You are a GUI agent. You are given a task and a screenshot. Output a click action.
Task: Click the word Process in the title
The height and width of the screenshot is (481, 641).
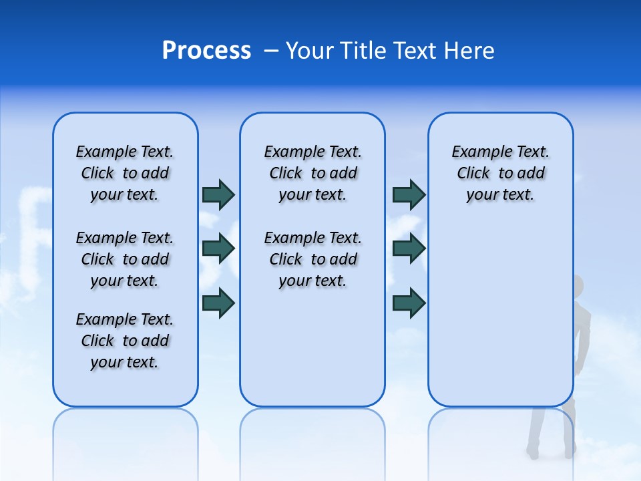tap(206, 51)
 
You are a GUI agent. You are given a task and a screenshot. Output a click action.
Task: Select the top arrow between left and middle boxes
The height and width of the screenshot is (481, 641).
tap(218, 194)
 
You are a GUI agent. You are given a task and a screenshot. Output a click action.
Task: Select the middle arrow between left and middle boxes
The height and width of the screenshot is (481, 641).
tap(218, 249)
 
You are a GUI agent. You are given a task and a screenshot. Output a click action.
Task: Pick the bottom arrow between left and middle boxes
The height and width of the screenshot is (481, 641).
tap(218, 303)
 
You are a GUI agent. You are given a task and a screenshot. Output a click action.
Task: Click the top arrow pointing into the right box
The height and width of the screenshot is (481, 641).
tap(409, 194)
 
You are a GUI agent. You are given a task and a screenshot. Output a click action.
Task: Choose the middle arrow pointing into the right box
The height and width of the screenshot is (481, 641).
tap(409, 249)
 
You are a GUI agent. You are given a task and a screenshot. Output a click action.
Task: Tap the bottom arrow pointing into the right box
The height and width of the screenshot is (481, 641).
tap(409, 303)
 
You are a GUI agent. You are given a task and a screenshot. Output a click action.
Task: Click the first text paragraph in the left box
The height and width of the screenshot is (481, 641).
tap(125, 173)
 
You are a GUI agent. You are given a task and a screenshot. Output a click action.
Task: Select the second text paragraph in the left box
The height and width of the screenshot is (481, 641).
tap(125, 259)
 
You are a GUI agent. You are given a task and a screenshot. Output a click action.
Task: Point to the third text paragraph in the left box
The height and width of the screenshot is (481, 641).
tap(125, 341)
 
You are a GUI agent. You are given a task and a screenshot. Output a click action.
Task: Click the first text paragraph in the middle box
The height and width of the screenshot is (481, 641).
tap(312, 173)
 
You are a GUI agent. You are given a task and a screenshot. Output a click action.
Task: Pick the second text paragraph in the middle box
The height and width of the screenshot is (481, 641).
tap(312, 259)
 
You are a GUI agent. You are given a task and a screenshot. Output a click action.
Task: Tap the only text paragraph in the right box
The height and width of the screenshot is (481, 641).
tap(500, 173)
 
